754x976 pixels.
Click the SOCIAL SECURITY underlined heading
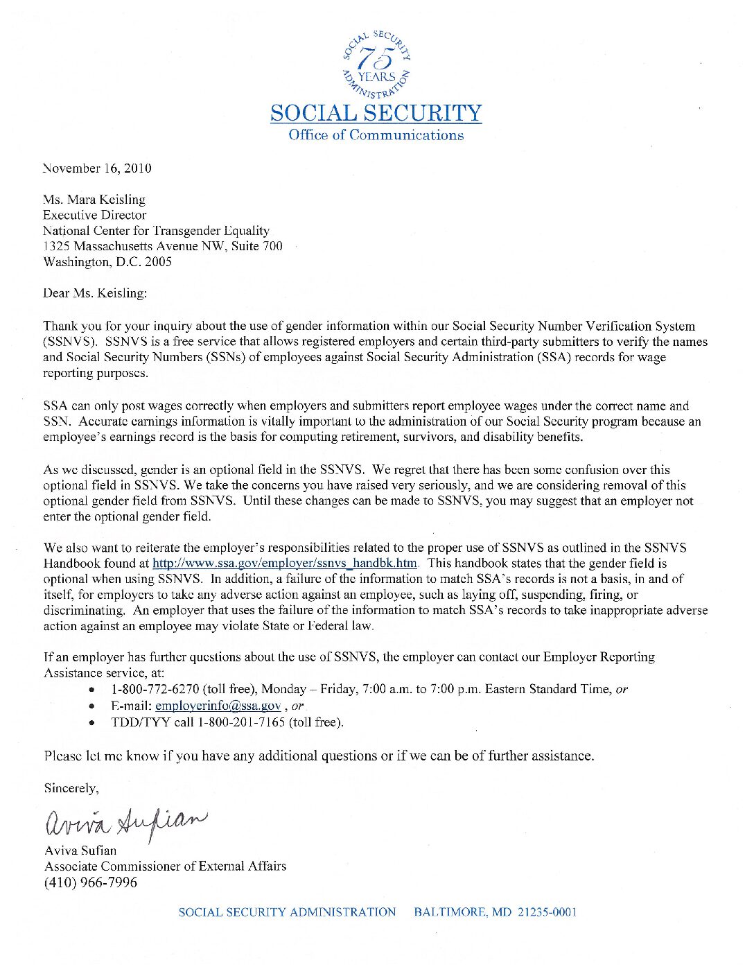tap(376, 113)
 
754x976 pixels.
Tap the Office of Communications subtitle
tap(376, 135)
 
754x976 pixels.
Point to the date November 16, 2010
tap(97, 168)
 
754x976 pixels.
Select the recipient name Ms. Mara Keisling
tap(94, 200)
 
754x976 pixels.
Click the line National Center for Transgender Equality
tap(156, 231)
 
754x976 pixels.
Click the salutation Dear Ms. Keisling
tap(95, 293)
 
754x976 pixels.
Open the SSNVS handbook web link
tap(285, 564)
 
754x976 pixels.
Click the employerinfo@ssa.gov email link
tap(218, 706)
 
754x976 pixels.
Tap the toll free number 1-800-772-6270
tap(155, 689)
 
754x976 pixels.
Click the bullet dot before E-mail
tap(92, 706)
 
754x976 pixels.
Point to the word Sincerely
tap(71, 788)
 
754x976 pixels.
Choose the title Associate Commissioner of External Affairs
tap(165, 866)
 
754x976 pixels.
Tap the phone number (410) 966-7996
tap(91, 882)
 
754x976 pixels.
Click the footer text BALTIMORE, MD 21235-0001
tap(495, 912)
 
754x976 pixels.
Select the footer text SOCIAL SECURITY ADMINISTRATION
tap(287, 912)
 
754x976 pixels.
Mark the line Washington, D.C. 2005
tap(107, 262)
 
